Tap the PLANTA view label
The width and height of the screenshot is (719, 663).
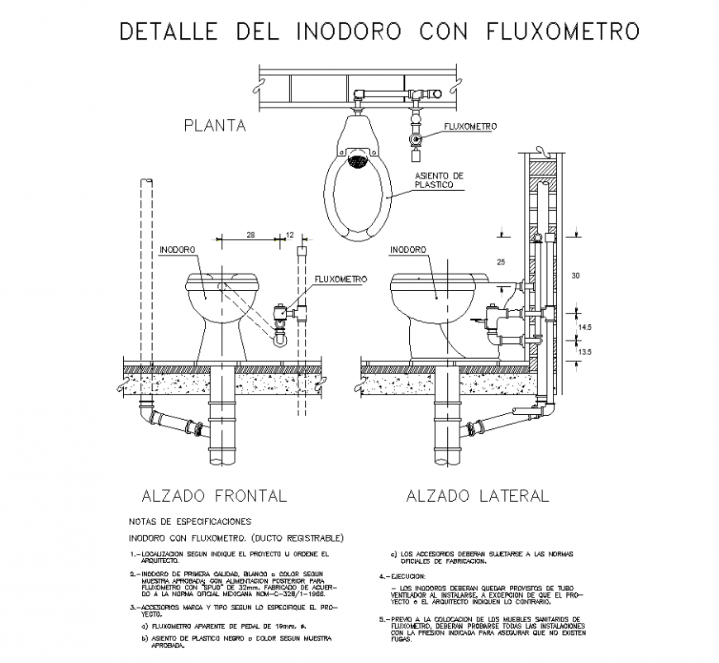tap(215, 126)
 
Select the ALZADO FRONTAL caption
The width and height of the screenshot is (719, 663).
tap(214, 496)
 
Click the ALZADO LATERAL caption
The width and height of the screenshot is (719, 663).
tap(477, 496)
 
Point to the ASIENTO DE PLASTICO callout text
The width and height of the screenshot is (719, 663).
tap(439, 181)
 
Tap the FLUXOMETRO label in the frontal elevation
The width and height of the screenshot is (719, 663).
tap(340, 279)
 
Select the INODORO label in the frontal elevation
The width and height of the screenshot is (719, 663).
tap(177, 249)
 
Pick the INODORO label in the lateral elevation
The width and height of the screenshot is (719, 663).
tap(407, 249)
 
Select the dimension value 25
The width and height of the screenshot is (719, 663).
tap(500, 262)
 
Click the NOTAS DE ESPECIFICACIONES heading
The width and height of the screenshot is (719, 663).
tap(189, 522)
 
